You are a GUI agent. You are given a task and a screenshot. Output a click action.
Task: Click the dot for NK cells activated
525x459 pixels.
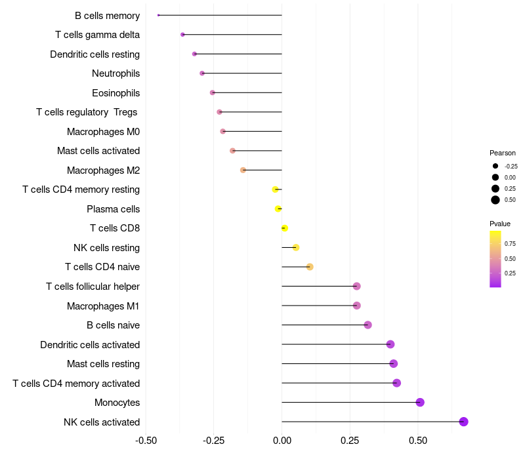click(x=463, y=422)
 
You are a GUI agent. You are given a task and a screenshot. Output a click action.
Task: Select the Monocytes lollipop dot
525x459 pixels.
click(x=420, y=403)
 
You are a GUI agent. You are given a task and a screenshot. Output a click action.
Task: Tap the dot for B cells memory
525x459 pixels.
click(x=159, y=15)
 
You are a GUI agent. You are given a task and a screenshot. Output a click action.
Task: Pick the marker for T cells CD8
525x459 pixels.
click(x=284, y=228)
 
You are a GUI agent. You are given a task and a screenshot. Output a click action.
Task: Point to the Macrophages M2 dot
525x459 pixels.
click(x=243, y=170)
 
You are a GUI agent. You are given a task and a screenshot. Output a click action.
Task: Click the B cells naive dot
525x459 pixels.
click(x=367, y=325)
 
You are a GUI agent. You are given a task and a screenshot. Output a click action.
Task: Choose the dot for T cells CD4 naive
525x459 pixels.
click(x=310, y=267)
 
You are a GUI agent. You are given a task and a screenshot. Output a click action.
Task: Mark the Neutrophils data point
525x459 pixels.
click(x=202, y=73)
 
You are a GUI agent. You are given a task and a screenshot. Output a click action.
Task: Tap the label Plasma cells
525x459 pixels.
click(x=113, y=209)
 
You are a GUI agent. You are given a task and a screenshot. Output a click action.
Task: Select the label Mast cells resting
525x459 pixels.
click(x=103, y=364)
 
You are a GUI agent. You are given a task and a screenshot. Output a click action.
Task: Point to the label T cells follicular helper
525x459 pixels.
click(x=93, y=287)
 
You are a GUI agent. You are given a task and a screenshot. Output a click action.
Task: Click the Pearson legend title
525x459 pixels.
click(x=503, y=153)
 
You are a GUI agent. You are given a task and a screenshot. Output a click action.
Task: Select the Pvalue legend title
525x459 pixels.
click(x=500, y=224)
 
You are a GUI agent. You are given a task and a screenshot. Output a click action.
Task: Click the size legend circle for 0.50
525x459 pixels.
click(x=495, y=200)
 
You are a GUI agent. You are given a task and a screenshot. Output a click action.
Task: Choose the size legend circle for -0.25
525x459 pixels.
click(x=495, y=167)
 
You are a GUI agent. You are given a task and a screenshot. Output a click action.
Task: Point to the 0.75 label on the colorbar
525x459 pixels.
click(x=510, y=243)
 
